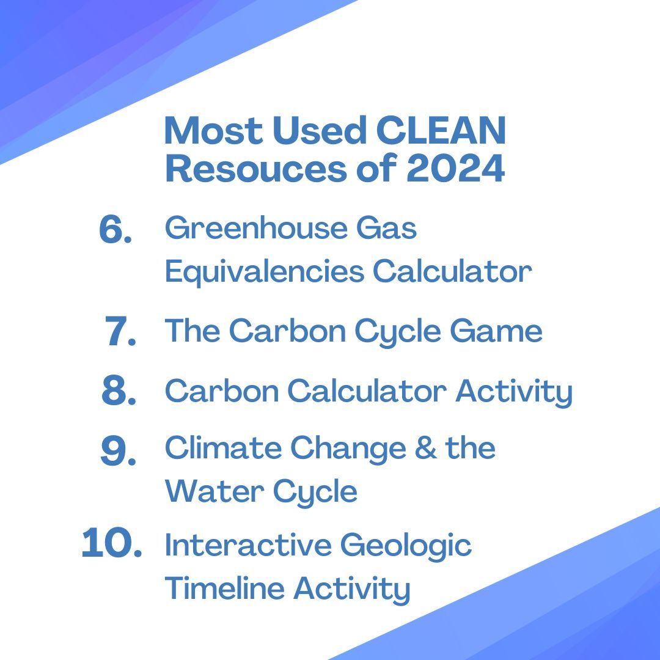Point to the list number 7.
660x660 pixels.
point(120,332)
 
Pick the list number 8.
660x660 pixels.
point(119,392)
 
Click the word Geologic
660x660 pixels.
point(406,546)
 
